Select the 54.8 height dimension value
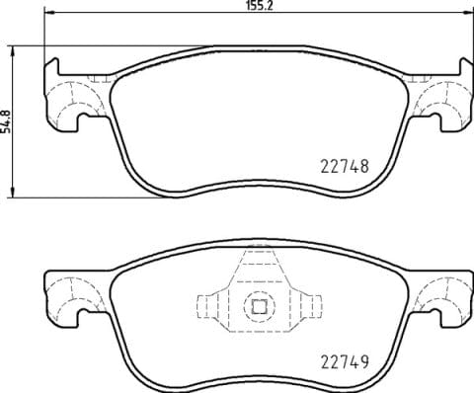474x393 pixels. click(x=8, y=119)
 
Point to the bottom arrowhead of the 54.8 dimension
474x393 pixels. click(x=14, y=190)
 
